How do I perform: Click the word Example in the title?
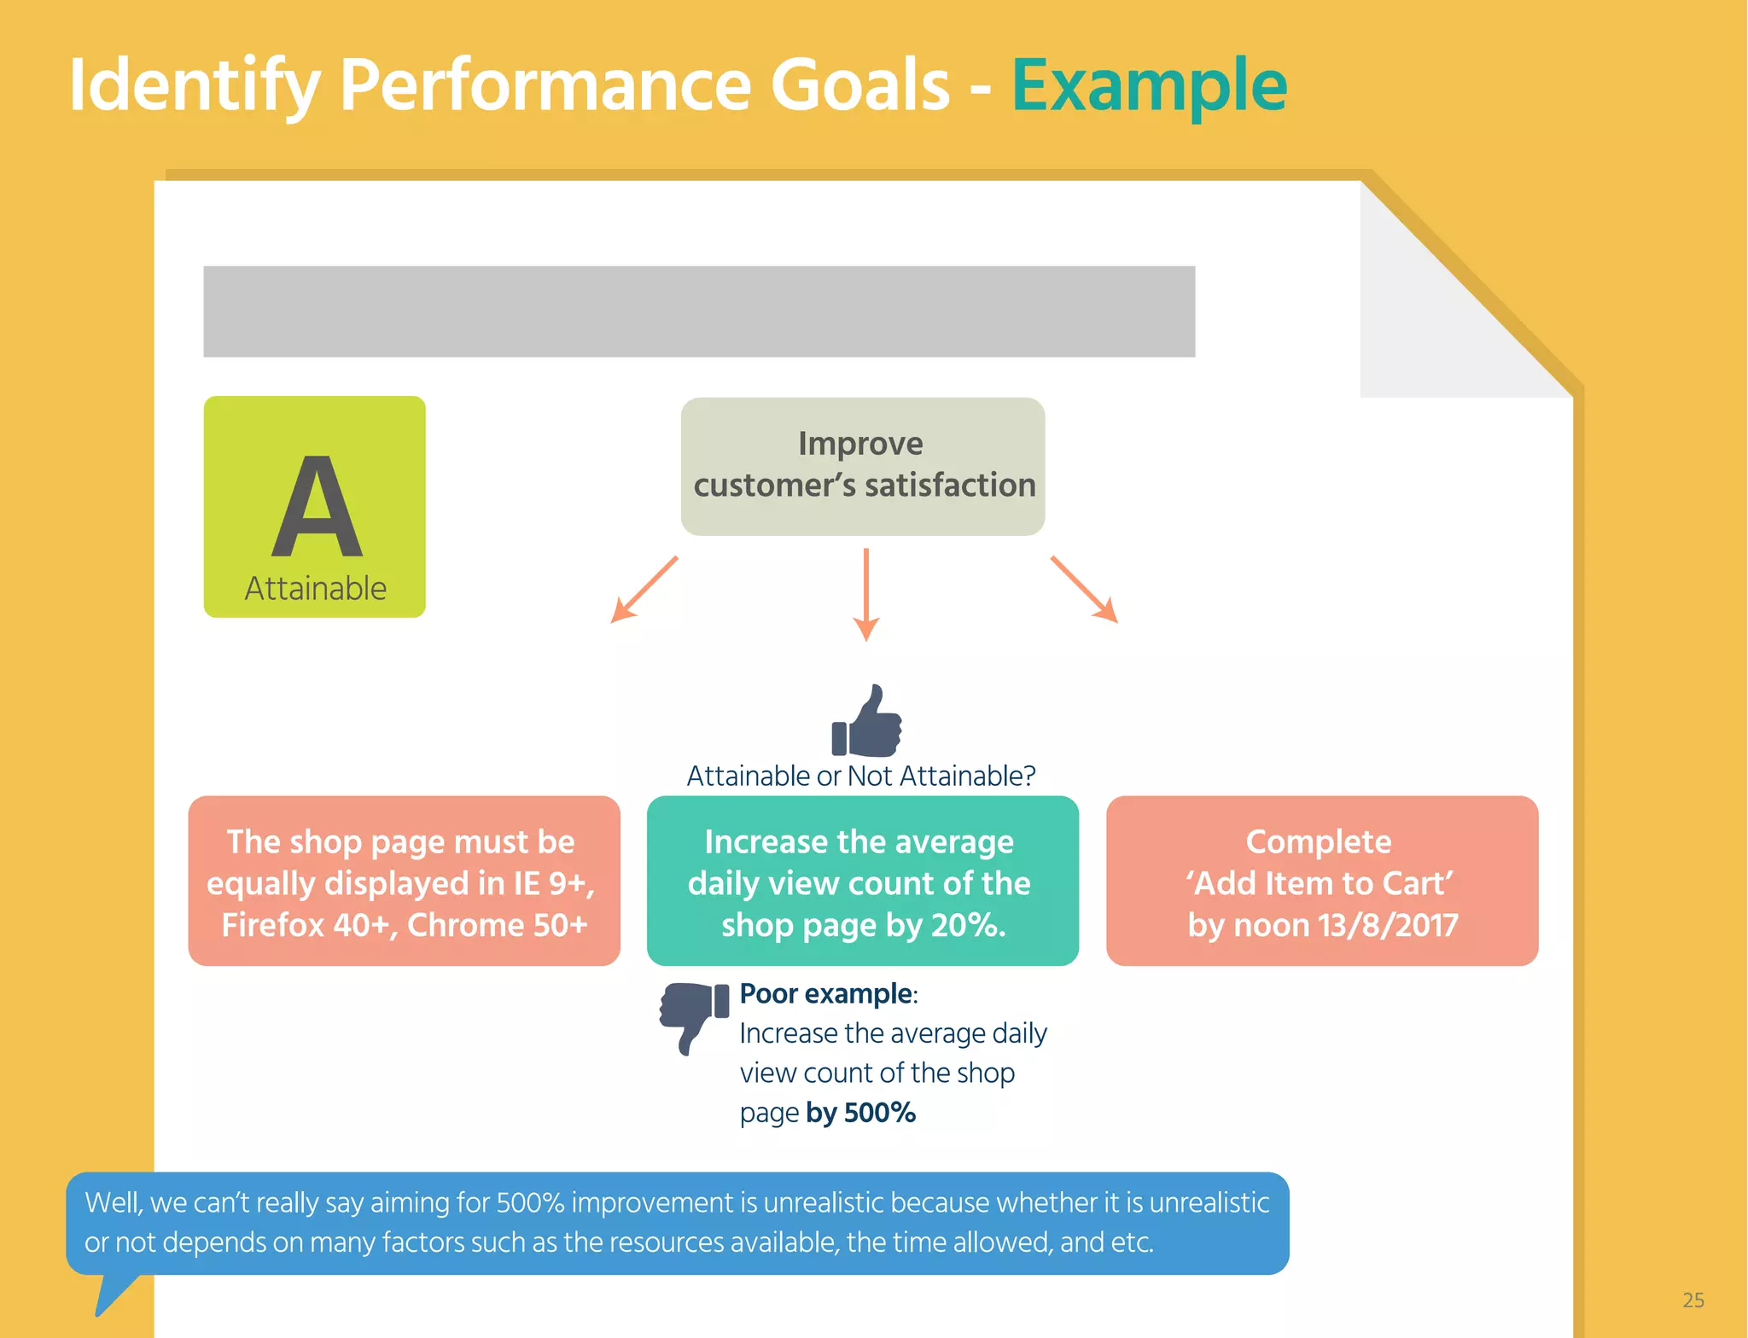[x=1148, y=85]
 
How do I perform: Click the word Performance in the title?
[x=644, y=85]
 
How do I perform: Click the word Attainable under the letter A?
[x=315, y=588]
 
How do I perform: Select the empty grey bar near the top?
[x=698, y=311]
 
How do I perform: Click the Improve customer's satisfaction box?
[x=862, y=466]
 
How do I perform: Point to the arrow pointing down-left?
[x=644, y=590]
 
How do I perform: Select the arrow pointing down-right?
[x=1084, y=590]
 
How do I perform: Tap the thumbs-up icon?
[x=866, y=722]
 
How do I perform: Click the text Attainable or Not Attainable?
[x=860, y=776]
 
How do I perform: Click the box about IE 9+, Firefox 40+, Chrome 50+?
[x=404, y=881]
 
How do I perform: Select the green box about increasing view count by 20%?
[x=862, y=881]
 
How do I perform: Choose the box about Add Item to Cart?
[x=1321, y=881]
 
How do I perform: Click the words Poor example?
[x=825, y=994]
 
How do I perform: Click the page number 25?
[x=1693, y=1300]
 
